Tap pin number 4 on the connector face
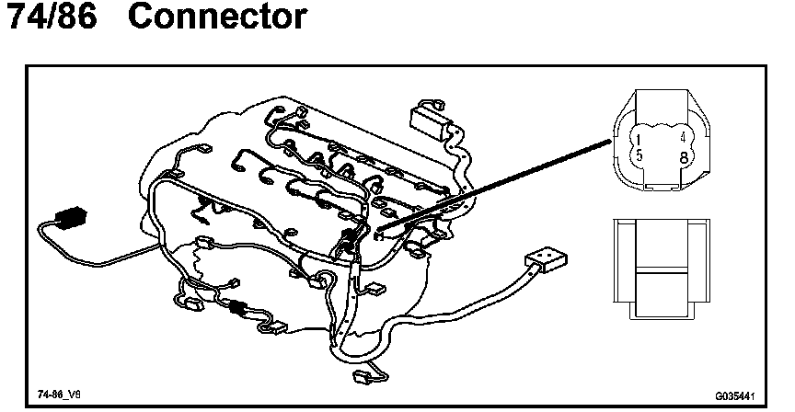[682, 138]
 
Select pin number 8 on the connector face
[682, 156]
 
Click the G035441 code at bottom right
[733, 395]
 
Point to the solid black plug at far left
[70, 219]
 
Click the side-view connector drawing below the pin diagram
[659, 271]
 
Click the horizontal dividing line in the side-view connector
[659, 271]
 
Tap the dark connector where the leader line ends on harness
[348, 244]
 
